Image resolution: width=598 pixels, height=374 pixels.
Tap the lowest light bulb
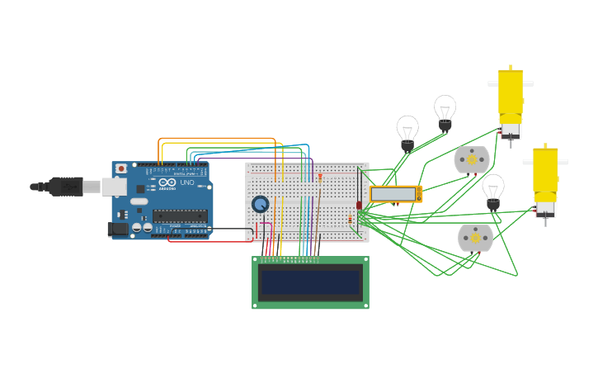[493, 190]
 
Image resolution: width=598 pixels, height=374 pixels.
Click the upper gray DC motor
[472, 160]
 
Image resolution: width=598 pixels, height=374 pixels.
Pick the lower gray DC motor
[475, 238]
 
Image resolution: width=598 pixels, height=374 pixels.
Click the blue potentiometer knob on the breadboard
[261, 204]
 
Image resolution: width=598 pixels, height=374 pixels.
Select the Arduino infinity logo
[167, 182]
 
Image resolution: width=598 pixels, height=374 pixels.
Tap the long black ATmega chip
[179, 215]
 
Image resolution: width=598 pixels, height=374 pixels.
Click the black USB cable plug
[66, 187]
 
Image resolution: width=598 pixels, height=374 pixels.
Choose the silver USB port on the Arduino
[114, 187]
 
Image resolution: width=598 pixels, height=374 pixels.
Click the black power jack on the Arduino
[118, 229]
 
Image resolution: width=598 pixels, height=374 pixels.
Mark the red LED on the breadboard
[359, 205]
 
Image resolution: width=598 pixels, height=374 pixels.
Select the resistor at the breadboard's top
[320, 177]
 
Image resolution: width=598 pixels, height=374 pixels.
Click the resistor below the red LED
[350, 219]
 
